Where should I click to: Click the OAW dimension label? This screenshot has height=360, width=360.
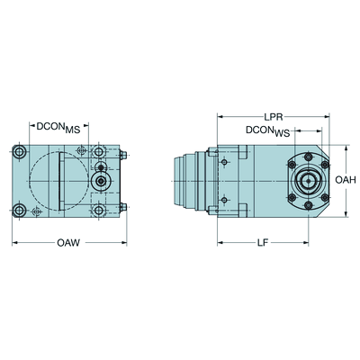(68, 242)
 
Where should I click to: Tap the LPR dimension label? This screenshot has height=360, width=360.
(274, 117)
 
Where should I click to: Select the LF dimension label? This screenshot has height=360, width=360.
(262, 242)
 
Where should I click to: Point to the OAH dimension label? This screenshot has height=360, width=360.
(346, 180)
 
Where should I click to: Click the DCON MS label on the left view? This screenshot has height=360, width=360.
(58, 128)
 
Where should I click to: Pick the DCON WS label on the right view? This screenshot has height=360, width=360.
(267, 131)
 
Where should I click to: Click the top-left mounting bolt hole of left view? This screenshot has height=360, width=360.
(20, 152)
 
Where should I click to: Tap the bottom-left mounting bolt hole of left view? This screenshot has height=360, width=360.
(20, 211)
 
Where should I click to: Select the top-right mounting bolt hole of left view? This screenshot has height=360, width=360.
(98, 152)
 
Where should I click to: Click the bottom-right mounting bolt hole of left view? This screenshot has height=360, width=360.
(98, 211)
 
